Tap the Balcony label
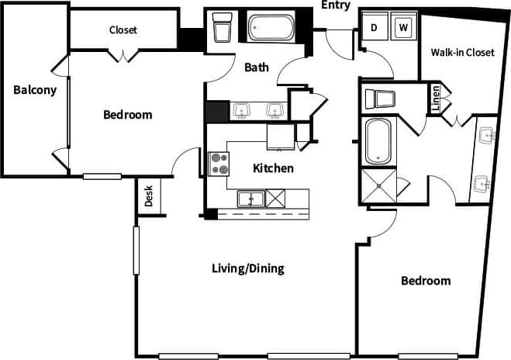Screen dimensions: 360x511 pos(35,90)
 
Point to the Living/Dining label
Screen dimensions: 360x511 pos(247,269)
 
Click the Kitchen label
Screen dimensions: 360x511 pos(273,168)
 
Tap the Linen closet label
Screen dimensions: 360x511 pos(436,99)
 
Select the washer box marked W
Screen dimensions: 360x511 pos(403,27)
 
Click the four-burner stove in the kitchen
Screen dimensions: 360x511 pos(219,164)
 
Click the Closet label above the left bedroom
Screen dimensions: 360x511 pos(123,30)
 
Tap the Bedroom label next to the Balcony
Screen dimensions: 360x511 pos(128,115)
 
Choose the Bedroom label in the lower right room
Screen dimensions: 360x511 pos(425,281)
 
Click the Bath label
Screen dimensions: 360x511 pos(257,67)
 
